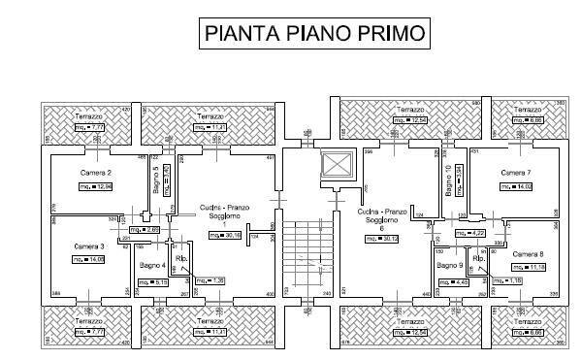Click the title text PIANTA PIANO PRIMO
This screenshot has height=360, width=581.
tap(312, 34)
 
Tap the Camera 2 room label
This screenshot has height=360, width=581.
tap(96, 172)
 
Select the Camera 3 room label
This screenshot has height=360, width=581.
tap(89, 246)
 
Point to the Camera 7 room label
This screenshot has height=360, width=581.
tap(514, 172)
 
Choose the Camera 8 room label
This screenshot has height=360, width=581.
tap(528, 255)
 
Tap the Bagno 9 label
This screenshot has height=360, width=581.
tap(448, 265)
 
